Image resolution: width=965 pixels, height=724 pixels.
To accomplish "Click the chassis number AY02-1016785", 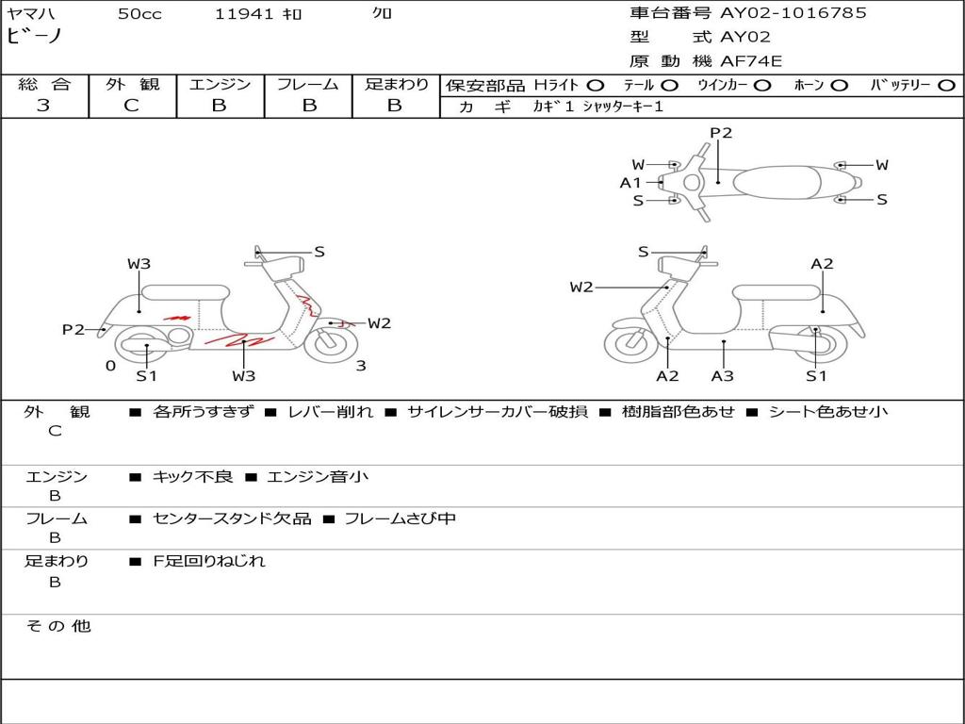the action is [793, 13].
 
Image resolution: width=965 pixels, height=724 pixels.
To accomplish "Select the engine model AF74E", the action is [751, 62].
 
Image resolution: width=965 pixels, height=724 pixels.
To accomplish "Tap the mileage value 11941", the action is [244, 14].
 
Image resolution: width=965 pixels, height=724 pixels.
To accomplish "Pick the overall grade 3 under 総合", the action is [43, 106].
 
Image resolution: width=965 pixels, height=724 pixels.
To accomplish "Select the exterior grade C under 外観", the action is [131, 106].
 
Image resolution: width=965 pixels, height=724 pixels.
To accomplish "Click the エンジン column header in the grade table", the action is [220, 85].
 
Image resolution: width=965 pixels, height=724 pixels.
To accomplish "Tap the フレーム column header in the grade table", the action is [307, 85].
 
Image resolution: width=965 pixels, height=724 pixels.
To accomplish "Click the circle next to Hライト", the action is [596, 86].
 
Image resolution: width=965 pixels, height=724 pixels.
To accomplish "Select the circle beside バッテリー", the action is [946, 86].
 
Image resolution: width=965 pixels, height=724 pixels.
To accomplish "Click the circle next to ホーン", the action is [839, 86].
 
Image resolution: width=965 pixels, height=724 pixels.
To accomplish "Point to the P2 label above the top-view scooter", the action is [721, 133].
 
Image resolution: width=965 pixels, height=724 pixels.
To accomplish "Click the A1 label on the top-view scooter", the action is [630, 183].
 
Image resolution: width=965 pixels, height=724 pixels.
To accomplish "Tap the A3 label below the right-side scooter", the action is [723, 376].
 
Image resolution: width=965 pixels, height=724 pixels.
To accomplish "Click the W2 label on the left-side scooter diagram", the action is [379, 323].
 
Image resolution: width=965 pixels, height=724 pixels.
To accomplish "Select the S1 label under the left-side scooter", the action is [146, 376].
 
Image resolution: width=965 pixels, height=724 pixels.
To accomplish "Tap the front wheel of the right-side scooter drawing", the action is [630, 344].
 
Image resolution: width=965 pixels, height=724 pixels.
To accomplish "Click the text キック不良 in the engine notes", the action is [192, 477].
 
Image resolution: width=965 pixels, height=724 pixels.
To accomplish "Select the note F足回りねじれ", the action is [209, 561].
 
